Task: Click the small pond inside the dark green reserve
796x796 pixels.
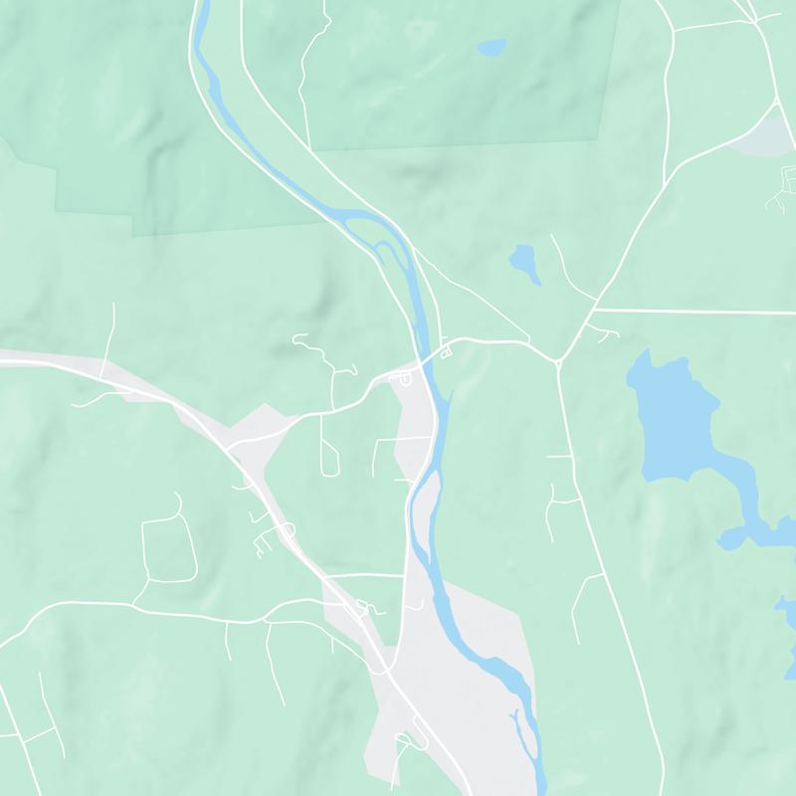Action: (x=492, y=47)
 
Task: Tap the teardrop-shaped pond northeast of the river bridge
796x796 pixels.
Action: (x=524, y=263)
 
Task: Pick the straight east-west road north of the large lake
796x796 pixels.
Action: (x=696, y=311)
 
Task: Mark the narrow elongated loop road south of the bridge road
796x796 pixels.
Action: (x=329, y=443)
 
